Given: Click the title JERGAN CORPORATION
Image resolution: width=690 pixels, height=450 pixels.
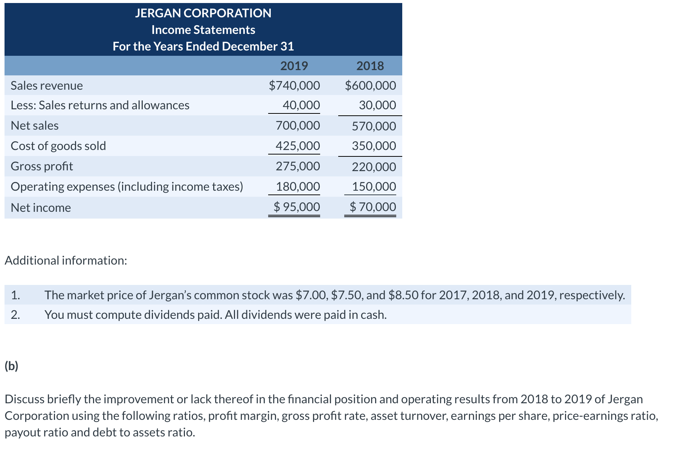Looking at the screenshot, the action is point(203,13).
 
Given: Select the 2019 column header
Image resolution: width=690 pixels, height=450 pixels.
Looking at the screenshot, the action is point(294,66).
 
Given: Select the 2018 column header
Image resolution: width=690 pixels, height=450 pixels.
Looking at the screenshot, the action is point(370,66).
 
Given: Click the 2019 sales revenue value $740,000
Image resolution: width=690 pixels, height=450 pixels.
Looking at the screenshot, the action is point(295,86).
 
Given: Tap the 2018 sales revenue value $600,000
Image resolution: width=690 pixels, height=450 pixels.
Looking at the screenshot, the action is point(371,86).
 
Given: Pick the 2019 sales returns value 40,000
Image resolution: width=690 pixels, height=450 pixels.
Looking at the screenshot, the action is point(301,105).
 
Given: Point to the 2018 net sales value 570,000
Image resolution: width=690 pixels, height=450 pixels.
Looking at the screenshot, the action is point(374,126).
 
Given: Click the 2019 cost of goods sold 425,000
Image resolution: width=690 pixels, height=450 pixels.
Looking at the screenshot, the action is point(298,146).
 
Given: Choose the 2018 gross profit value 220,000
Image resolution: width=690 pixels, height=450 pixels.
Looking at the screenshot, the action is point(374,167).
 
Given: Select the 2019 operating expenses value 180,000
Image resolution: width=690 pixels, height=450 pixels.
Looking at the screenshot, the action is point(298,187).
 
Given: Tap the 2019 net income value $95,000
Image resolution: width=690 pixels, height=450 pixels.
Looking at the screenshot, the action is point(297,207).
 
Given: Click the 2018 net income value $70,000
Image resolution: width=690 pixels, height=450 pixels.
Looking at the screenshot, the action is point(373,207).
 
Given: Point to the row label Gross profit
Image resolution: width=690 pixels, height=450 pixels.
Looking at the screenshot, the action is point(42,166).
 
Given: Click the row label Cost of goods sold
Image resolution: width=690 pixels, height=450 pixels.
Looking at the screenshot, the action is point(58,146).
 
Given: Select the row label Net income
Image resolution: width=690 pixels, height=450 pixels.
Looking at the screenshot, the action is point(41,208).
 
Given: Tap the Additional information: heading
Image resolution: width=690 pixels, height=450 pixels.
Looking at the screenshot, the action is point(66,260).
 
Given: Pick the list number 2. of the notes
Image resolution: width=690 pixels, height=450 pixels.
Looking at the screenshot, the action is point(15,315).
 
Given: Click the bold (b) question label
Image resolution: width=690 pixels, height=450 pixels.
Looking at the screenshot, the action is point(11,366).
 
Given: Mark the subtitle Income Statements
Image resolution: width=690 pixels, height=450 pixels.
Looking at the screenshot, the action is point(203,30).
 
